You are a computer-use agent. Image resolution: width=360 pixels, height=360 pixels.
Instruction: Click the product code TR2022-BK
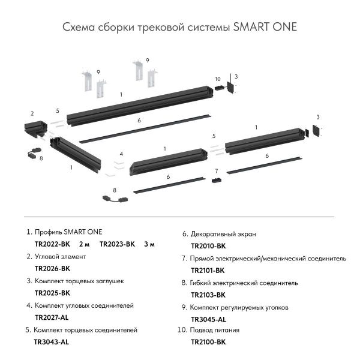(x=53, y=244)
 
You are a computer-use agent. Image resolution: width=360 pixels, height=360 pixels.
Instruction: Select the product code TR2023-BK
(x=118, y=244)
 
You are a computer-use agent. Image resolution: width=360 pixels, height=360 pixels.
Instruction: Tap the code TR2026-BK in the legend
(x=53, y=269)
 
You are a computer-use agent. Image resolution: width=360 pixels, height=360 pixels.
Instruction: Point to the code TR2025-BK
(x=53, y=293)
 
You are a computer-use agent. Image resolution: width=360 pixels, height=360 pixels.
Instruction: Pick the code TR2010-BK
(x=208, y=246)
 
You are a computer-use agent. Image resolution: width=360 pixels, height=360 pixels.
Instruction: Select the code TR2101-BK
(x=208, y=271)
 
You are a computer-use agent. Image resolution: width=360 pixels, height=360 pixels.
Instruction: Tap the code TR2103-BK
(x=208, y=295)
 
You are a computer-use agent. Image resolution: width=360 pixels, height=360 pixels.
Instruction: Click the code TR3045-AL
(x=208, y=319)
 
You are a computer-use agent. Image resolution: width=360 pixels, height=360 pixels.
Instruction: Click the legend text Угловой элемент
(x=61, y=256)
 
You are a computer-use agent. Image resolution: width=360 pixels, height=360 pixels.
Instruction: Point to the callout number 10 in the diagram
(x=217, y=79)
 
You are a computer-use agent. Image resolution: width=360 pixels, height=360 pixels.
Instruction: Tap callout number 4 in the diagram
(x=121, y=154)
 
